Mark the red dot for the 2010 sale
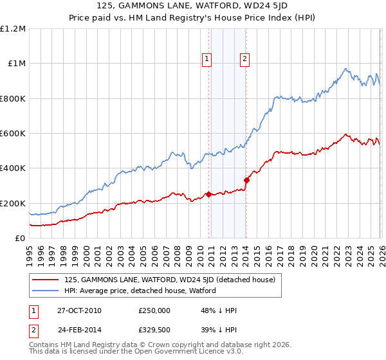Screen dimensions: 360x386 click(208, 194)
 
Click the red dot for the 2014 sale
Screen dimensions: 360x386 click(246, 180)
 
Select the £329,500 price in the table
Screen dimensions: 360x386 click(155, 329)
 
